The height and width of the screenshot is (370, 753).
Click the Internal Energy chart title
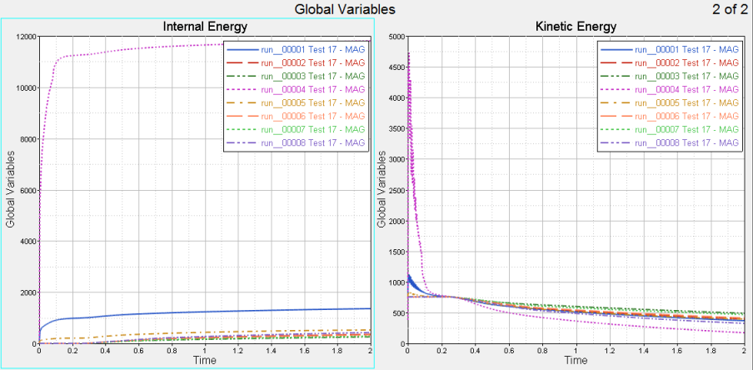point(204,26)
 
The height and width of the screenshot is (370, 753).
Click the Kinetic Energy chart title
point(576,26)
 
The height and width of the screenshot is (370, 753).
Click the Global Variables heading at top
point(345,9)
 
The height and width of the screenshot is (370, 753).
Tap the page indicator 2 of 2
point(730,9)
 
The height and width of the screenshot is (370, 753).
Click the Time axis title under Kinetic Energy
point(575,362)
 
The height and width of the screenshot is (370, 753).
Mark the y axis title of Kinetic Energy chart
point(381,190)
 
